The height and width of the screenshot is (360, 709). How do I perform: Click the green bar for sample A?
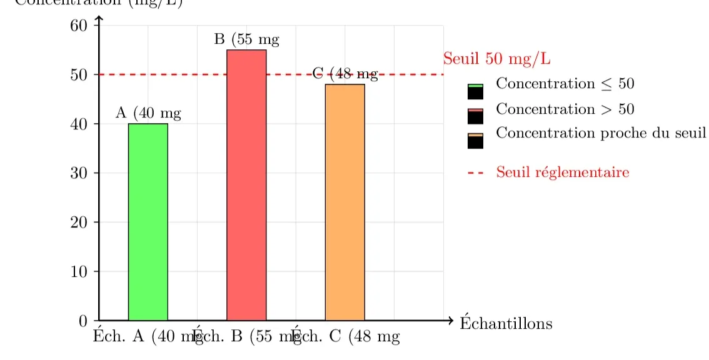148,222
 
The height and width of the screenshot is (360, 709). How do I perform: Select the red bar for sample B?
246,185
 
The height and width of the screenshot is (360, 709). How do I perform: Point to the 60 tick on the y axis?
79,26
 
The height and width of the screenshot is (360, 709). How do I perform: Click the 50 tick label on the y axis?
79,75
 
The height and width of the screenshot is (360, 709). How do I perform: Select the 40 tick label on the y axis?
79,124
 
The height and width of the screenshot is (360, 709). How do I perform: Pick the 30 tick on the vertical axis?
79,173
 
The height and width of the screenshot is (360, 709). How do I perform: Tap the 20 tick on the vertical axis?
79,222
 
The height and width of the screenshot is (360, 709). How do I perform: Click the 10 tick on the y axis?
79,272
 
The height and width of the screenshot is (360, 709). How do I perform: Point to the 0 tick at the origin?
83,321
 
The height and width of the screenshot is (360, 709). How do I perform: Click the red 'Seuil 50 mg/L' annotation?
496,59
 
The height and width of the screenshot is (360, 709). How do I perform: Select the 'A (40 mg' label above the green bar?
148,113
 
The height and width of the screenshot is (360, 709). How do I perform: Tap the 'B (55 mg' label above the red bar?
246,39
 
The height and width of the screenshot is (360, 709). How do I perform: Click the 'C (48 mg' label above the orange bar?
345,74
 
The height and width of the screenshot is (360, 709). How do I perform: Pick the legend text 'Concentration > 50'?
565,109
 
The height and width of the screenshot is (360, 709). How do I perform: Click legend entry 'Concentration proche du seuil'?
600,133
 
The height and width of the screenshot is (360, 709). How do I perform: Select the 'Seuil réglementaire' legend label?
562,172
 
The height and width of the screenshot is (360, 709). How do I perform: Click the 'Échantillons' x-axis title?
506,323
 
